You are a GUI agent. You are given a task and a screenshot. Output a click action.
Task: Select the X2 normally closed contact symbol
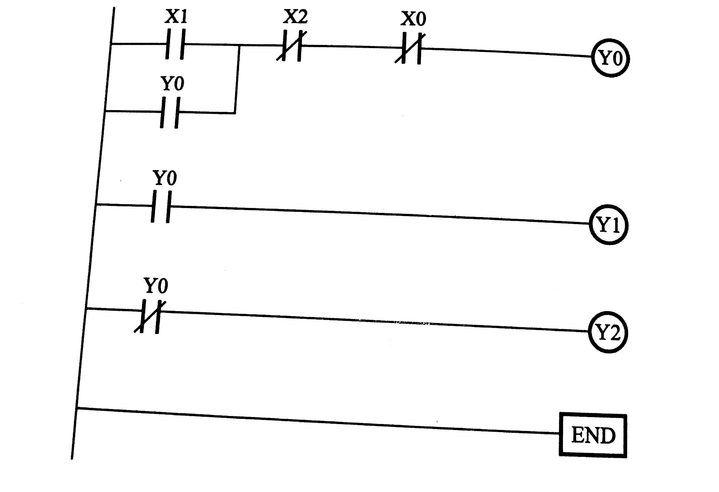pyautogui.click(x=291, y=46)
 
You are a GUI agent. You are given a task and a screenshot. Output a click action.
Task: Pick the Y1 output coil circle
pyautogui.click(x=608, y=225)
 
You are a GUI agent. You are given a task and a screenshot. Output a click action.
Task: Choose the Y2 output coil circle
pyautogui.click(x=608, y=333)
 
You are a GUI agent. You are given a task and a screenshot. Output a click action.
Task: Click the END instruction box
pyautogui.click(x=593, y=435)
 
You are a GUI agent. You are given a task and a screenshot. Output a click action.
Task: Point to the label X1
pyautogui.click(x=176, y=16)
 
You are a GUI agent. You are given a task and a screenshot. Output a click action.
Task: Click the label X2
pyautogui.click(x=295, y=16)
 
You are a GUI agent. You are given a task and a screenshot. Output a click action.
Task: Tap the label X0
pyautogui.click(x=413, y=18)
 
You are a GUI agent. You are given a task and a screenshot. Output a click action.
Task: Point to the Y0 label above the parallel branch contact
pyautogui.click(x=172, y=84)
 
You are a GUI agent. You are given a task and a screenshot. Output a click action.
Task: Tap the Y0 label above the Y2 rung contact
pyautogui.click(x=156, y=285)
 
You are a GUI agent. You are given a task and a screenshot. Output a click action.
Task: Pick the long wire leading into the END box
pyautogui.click(x=314, y=421)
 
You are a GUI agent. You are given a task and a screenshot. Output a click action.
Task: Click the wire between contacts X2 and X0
pyautogui.click(x=350, y=47)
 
